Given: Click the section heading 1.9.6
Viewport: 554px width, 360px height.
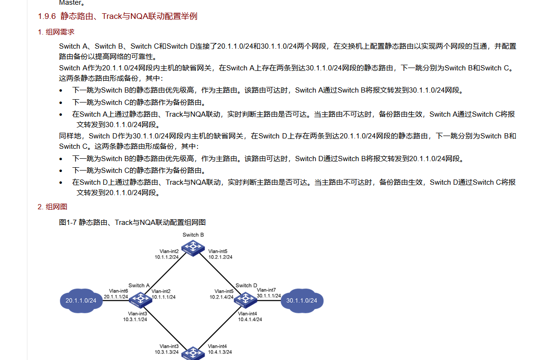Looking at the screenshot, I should click(x=118, y=17).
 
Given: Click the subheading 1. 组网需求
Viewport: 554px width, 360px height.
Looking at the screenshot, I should click(x=56, y=32).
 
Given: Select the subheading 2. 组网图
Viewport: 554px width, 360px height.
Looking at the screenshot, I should click(x=52, y=206).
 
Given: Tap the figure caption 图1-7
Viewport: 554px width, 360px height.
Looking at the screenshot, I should click(x=132, y=222).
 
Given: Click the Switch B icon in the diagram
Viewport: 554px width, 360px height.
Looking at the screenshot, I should click(x=193, y=247).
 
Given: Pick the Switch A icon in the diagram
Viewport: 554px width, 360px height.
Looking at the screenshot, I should click(x=140, y=299).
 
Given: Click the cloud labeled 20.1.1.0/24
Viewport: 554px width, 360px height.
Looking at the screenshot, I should click(x=81, y=300).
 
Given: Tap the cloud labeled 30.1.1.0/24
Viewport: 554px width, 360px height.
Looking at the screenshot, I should click(x=302, y=300).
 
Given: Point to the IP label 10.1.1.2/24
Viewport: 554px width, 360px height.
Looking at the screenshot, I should click(x=167, y=257).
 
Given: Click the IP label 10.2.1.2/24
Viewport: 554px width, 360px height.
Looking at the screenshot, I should click(x=221, y=257).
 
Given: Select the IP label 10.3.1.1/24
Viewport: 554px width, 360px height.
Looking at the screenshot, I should click(x=135, y=319).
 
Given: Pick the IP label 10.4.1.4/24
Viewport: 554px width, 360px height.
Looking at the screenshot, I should click(x=250, y=319).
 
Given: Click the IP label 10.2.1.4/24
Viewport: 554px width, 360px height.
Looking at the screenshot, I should click(x=222, y=297).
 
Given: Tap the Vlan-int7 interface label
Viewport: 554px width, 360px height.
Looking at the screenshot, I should click(x=266, y=290).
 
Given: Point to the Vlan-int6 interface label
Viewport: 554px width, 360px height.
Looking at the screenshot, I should click(x=119, y=291).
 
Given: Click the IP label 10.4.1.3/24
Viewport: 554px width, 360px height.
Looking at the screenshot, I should click(x=220, y=352).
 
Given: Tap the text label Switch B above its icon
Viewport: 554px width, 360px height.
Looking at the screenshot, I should click(x=193, y=235).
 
